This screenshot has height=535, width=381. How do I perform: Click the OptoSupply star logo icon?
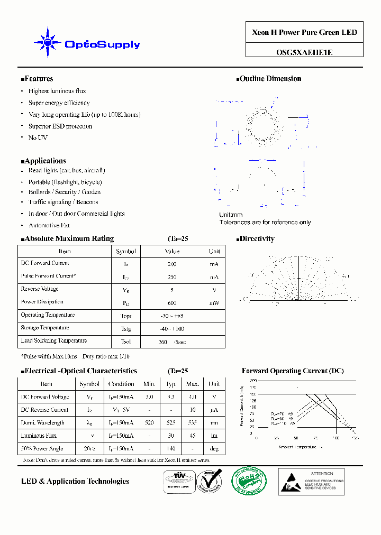click(48, 42)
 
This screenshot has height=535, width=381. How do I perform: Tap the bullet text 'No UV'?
click(38, 138)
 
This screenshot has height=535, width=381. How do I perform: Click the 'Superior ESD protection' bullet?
click(60, 126)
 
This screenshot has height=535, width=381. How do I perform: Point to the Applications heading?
click(44, 161)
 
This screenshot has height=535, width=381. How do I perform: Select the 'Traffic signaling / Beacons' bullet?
click(63, 202)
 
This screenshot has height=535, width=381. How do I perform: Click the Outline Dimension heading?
click(269, 79)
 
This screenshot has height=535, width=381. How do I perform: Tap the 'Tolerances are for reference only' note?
click(265, 223)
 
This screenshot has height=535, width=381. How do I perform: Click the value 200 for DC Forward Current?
click(172, 264)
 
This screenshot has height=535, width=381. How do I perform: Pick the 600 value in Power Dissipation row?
click(172, 303)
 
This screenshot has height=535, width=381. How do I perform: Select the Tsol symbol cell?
click(126, 342)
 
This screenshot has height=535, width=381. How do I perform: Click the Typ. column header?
click(171, 384)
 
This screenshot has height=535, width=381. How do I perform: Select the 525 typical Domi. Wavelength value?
click(171, 423)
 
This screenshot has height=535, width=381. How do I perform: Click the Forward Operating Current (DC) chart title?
click(293, 371)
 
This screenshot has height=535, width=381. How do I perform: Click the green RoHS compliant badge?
click(249, 481)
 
